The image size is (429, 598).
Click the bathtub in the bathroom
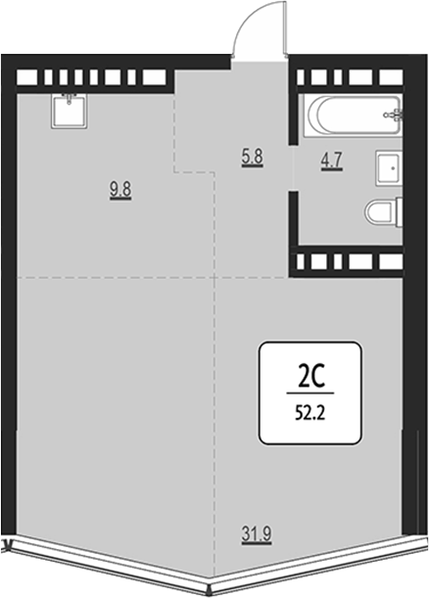click(x=353, y=115)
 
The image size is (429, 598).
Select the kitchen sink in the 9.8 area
click(x=70, y=111)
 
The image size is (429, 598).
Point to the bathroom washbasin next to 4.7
click(x=389, y=168)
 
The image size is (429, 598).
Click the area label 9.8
click(x=120, y=191)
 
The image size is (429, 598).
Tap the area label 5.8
click(x=253, y=157)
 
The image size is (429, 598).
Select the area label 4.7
click(x=332, y=161)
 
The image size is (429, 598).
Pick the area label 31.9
click(x=256, y=533)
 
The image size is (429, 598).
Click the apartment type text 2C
click(x=310, y=378)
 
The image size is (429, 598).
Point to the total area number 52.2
click(x=310, y=413)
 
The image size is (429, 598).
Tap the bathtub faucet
click(x=395, y=115)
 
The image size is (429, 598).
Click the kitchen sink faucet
click(x=70, y=99)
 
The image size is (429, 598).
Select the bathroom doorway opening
click(x=293, y=167)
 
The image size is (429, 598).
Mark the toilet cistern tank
click(x=400, y=213)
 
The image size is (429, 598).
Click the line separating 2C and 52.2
click(x=310, y=392)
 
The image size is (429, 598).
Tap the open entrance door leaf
click(x=285, y=30)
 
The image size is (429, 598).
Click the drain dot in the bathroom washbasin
click(x=393, y=167)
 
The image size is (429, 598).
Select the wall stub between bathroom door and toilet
click(x=293, y=218)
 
